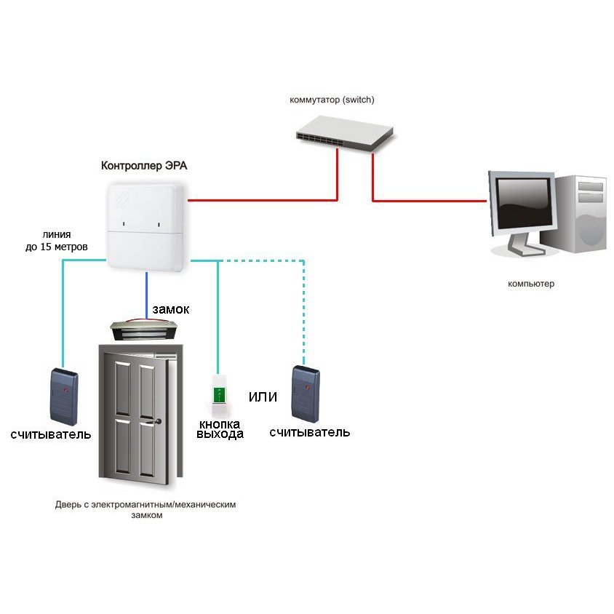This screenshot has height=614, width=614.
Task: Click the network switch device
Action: tap(345, 133)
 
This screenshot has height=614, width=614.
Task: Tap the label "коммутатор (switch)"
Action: tap(332, 100)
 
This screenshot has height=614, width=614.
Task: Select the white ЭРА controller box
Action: tap(145, 226)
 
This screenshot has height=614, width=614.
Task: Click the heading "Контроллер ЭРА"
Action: tap(144, 166)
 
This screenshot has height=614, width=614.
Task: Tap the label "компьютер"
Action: tap(531, 284)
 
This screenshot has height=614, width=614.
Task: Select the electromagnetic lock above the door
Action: tap(144, 330)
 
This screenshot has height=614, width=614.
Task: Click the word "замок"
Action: tap(171, 309)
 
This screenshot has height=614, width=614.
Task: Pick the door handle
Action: tap(155, 422)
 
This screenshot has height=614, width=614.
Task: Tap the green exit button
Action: tap(219, 396)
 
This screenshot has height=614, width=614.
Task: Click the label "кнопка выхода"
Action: tap(220, 429)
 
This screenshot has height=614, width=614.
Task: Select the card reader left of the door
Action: tap(64, 396)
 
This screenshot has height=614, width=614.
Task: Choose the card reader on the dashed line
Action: tap(306, 394)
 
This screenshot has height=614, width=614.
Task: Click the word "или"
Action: tap(263, 397)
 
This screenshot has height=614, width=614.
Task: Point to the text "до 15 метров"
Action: tap(57, 247)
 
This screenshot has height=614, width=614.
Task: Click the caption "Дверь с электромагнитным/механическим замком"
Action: tap(145, 509)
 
